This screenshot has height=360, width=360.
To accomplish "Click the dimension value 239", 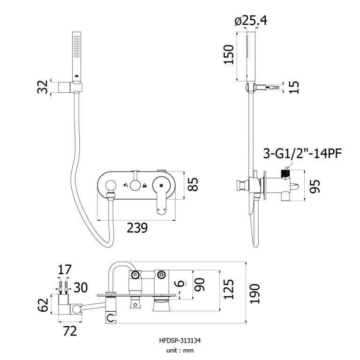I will pos(137,228).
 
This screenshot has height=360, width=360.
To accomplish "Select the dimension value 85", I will pos(192,184).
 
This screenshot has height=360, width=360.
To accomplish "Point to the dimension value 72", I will pos(69,331).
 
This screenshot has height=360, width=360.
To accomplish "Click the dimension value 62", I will pos(43,305).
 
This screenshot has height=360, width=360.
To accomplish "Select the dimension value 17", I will pos(65,270).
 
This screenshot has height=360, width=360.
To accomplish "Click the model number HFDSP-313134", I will pos(180,341).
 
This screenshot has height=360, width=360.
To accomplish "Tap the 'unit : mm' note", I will pos(180,350).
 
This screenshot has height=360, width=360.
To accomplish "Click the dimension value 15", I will pos(294,87).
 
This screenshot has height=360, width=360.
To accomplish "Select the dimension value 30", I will pos(80,287).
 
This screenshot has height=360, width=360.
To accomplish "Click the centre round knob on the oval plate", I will pos(136,185).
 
